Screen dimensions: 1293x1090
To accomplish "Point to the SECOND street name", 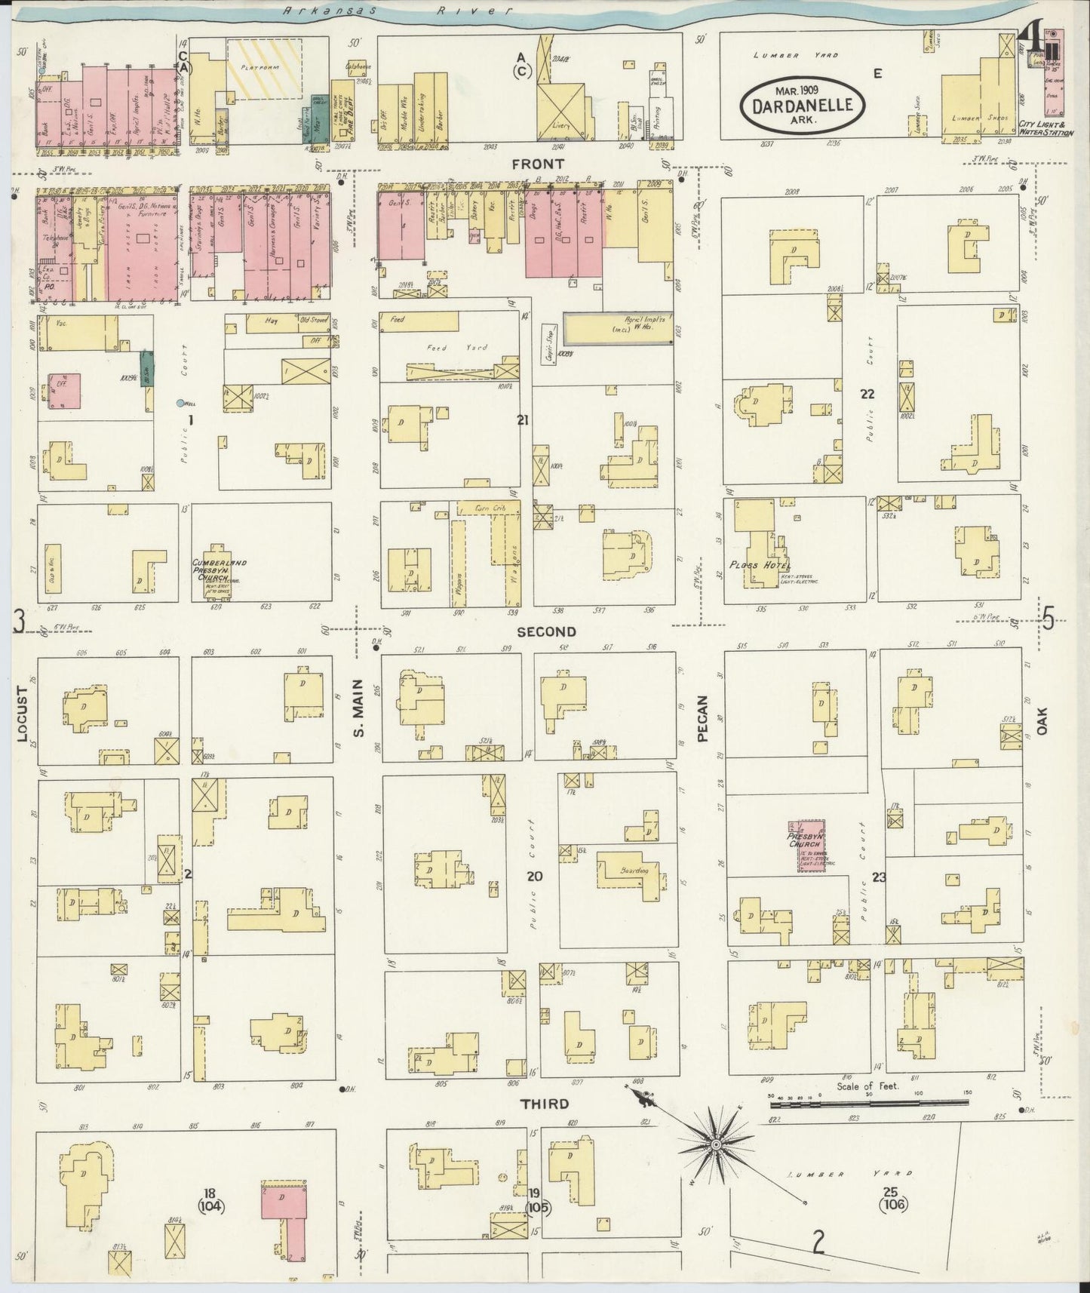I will [x=546, y=632].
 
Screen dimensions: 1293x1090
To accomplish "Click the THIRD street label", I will [x=545, y=1104].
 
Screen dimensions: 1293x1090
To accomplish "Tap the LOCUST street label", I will [x=22, y=716].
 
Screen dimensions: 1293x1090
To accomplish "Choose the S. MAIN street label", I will [x=358, y=709].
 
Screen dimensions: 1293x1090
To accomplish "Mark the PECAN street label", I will [x=703, y=719].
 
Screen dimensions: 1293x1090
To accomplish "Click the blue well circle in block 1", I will [x=180, y=403].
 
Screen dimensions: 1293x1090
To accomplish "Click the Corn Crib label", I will [x=490, y=508].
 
